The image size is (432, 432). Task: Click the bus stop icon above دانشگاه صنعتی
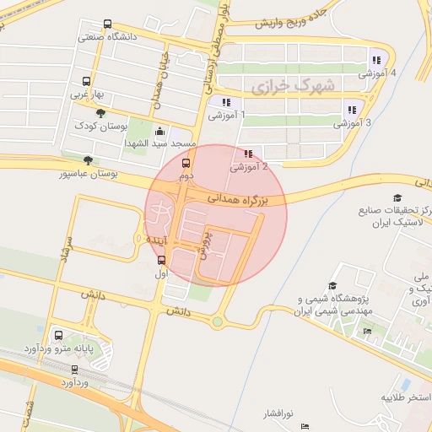[106, 24]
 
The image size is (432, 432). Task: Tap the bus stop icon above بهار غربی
[86, 82]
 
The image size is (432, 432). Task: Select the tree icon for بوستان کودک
[100, 113]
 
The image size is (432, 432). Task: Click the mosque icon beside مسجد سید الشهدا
[159, 132]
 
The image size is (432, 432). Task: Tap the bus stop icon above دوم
[186, 164]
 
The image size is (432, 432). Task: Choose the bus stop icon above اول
[162, 260]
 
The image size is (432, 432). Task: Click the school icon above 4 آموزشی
[376, 59]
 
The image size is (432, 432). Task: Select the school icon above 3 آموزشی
[351, 109]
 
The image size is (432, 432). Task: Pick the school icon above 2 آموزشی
[248, 154]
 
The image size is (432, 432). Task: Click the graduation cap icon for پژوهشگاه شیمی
[332, 287]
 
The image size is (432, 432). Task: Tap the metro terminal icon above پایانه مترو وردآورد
[57, 335]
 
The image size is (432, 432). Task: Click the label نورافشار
[276, 413]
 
